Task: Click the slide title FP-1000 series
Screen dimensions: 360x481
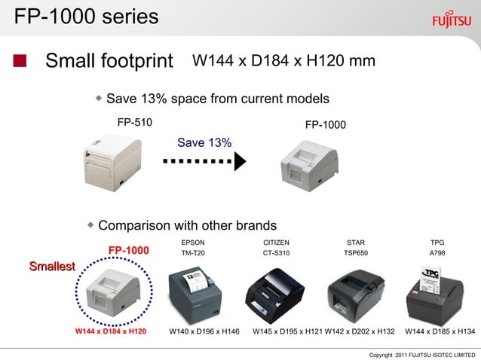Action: pyautogui.click(x=87, y=16)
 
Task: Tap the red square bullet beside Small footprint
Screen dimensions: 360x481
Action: pyautogui.click(x=21, y=60)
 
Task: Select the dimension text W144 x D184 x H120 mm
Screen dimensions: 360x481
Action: pyautogui.click(x=283, y=60)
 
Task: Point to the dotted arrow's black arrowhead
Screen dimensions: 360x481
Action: pyautogui.click(x=240, y=160)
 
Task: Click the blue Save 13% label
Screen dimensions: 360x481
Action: pyautogui.click(x=204, y=142)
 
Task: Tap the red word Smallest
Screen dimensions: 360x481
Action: pyautogui.click(x=52, y=266)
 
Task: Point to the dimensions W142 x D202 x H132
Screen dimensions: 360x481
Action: pyautogui.click(x=360, y=331)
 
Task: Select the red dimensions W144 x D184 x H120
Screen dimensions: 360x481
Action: pyautogui.click(x=111, y=331)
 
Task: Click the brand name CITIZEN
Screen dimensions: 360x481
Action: pyautogui.click(x=276, y=243)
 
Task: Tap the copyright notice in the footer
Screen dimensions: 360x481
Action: pyautogui.click(x=422, y=354)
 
